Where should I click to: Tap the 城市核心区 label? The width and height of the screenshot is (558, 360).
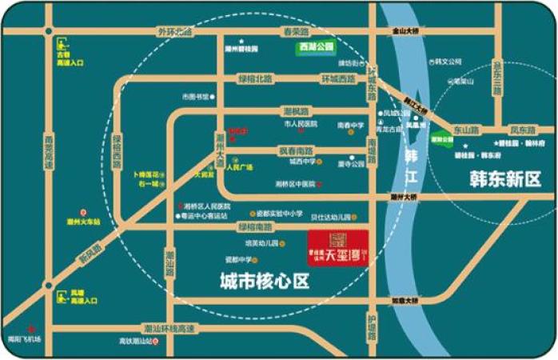click(x=265, y=280)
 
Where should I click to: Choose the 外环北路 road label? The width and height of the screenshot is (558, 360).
click(x=175, y=31)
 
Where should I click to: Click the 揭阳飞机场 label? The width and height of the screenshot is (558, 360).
click(x=23, y=338)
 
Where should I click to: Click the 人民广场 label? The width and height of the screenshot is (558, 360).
click(x=239, y=167)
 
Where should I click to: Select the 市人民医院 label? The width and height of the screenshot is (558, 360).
click(x=301, y=124)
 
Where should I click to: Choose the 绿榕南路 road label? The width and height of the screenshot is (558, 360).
click(x=253, y=227)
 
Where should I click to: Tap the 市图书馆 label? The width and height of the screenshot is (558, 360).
click(x=195, y=96)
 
